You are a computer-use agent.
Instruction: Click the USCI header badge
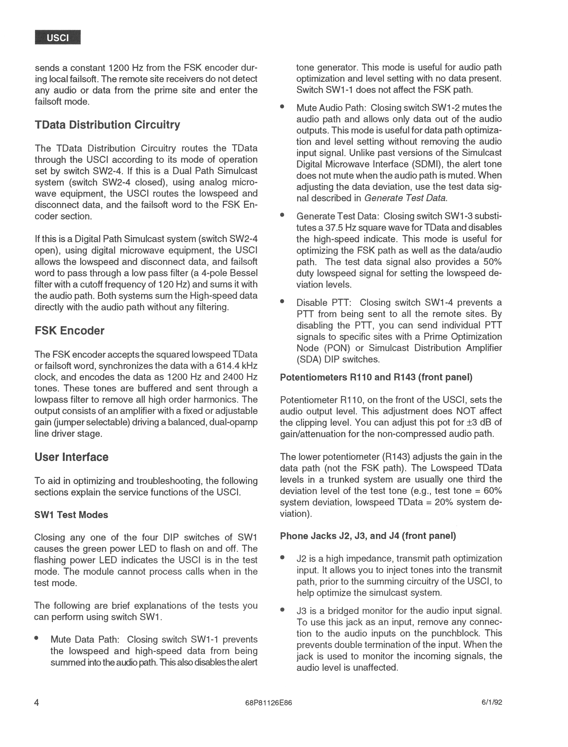58,37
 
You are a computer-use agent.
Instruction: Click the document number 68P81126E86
268,703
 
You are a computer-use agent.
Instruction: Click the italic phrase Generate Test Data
405,198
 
